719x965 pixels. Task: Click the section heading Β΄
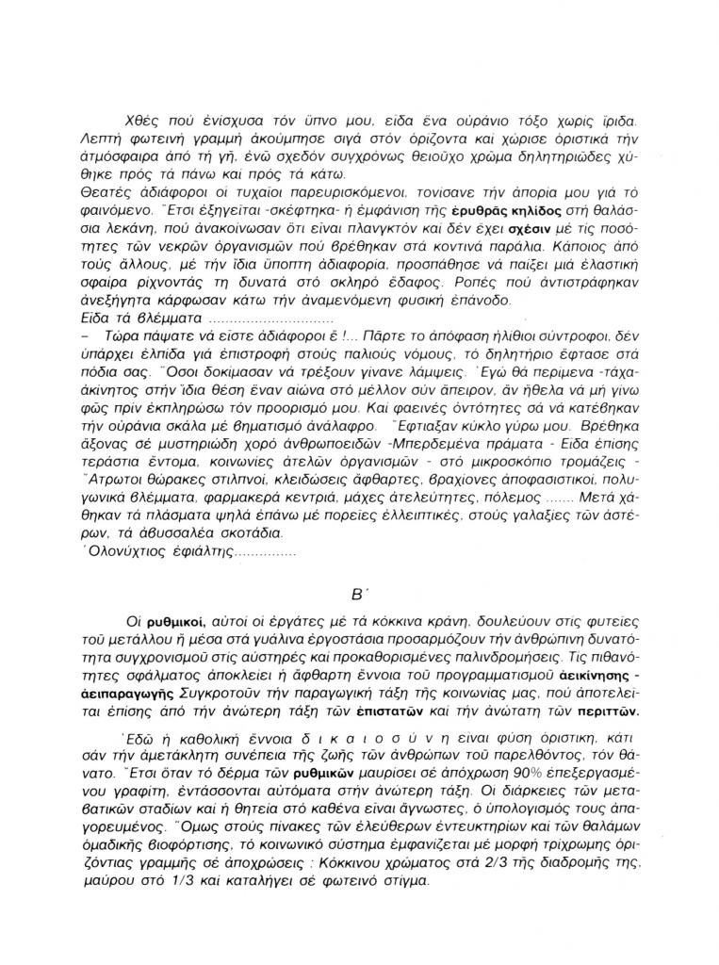coord(358,596)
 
